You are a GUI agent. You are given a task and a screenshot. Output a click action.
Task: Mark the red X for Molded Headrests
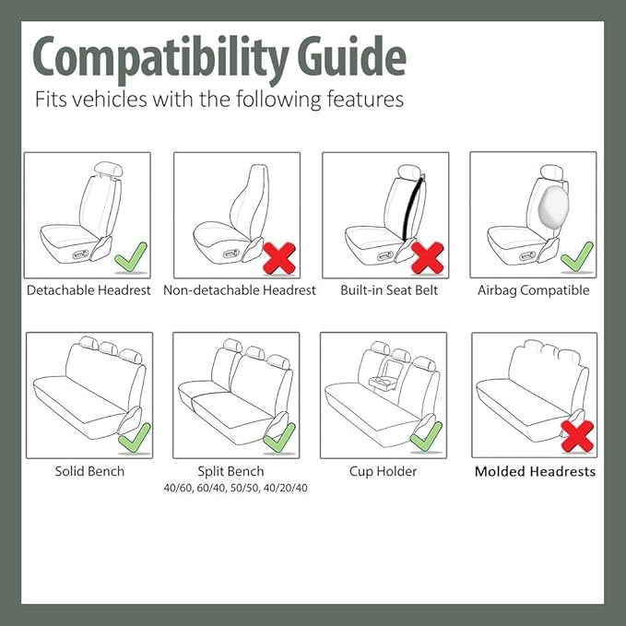[576, 435]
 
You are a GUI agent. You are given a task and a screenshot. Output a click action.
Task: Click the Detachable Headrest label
[89, 290]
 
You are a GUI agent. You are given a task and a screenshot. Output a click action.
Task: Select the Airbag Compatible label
[533, 290]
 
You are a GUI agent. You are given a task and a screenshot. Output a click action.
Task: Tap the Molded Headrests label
[535, 471]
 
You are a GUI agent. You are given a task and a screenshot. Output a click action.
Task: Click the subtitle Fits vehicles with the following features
[219, 99]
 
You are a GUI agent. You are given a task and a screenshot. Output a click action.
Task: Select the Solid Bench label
[89, 471]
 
